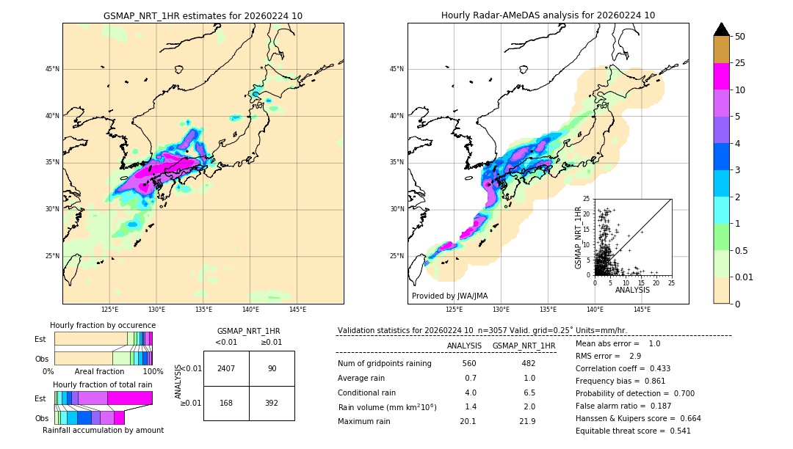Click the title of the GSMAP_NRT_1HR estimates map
coord(203,15)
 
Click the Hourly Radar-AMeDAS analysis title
coord(548,15)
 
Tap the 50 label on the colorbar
coord(740,37)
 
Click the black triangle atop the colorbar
coord(722,29)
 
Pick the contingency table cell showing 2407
coord(226,368)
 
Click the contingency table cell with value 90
coord(272,368)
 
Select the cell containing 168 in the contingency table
coord(226,402)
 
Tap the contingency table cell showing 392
coord(272,402)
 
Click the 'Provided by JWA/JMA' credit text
coord(449,296)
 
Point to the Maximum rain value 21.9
coord(527,421)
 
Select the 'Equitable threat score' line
coord(633,431)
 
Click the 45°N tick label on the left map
coord(52,69)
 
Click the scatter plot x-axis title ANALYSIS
coord(632,290)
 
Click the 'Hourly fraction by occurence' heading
coord(103,325)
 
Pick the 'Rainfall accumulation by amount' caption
coord(103,431)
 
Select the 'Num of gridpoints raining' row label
coord(385,363)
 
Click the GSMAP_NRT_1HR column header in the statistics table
coord(524,346)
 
